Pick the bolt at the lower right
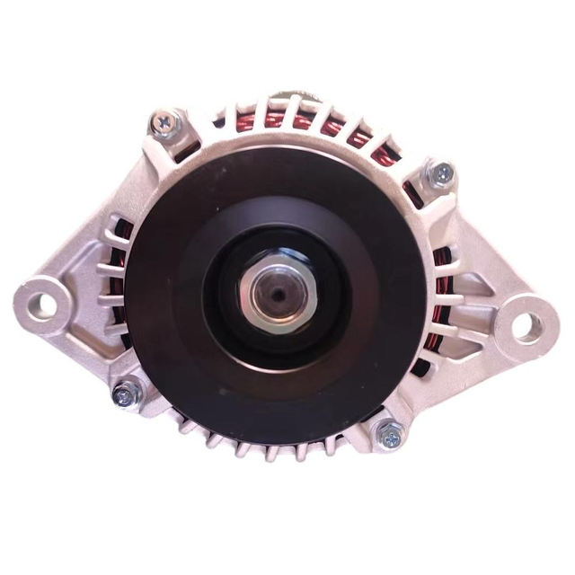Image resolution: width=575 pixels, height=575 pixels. (x=388, y=438)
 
